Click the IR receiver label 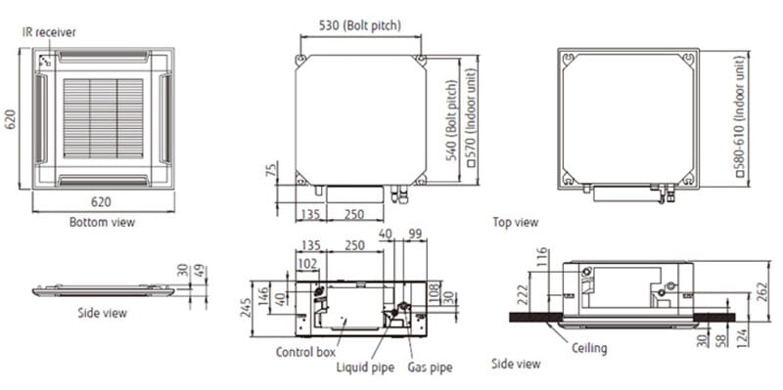pyautogui.click(x=49, y=32)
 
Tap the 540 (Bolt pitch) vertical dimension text pyautogui.click(x=451, y=119)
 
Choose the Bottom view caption pyautogui.click(x=102, y=222)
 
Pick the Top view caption pyautogui.click(x=516, y=223)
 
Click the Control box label pyautogui.click(x=305, y=352)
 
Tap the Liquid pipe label pyautogui.click(x=365, y=368)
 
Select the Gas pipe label pyautogui.click(x=430, y=368)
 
